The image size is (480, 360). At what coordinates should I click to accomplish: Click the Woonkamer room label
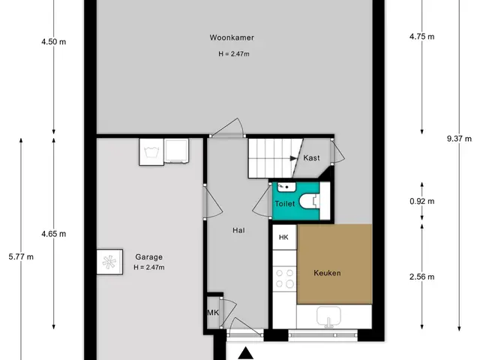tap(232, 37)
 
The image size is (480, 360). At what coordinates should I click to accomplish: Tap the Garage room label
tap(148, 257)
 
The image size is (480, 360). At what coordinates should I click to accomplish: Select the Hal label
tap(238, 230)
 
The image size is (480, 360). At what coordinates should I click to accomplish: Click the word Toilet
tap(285, 203)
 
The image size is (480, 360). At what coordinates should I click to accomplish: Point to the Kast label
tap(311, 157)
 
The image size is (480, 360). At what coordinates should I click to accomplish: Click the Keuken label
tap(327, 273)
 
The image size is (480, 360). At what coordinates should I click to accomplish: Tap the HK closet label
tap(283, 237)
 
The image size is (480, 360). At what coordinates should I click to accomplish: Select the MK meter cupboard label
tap(213, 313)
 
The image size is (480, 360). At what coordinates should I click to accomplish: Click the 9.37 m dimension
tap(459, 139)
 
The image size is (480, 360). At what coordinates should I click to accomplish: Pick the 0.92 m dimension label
tap(421, 201)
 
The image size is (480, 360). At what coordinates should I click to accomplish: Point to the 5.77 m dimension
tap(21, 256)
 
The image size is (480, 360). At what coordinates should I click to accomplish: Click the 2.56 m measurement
tap(421, 277)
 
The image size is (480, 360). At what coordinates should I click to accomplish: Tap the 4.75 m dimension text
tap(421, 37)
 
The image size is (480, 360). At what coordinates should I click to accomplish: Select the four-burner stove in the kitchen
tap(285, 279)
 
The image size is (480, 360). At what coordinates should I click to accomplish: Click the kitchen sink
tap(328, 316)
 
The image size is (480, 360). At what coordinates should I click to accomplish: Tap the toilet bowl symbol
tap(309, 202)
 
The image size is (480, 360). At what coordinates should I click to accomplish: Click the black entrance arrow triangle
tap(245, 353)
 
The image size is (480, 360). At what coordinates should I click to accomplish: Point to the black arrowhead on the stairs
tap(293, 158)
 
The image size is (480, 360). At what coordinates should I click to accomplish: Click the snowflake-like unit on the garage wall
tap(109, 262)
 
